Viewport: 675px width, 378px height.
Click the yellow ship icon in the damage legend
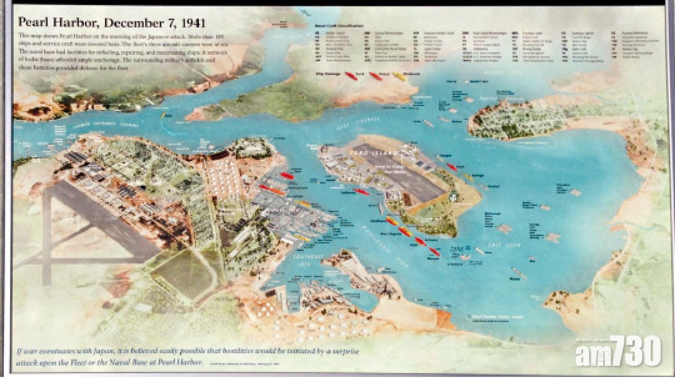[399, 77]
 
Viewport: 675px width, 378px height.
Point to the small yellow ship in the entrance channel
[163, 115]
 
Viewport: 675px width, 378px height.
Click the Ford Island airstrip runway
[401, 172]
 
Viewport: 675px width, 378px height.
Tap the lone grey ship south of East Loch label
[518, 273]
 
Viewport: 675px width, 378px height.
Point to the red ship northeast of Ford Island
[452, 167]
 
